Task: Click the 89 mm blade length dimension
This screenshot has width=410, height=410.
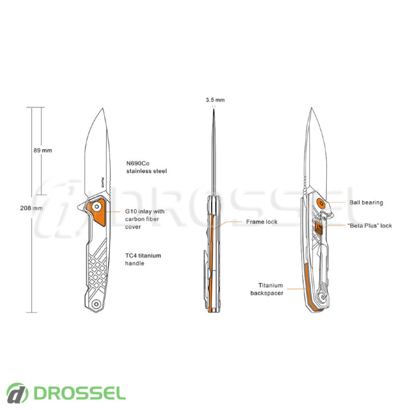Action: click(43, 150)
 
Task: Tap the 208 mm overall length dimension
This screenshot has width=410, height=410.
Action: click(31, 208)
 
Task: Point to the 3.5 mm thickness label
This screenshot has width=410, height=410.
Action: click(215, 100)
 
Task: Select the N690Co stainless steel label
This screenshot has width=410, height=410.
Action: click(147, 167)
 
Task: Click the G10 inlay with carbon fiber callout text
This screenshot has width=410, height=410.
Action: click(145, 219)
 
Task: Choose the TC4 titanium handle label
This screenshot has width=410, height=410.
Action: click(143, 259)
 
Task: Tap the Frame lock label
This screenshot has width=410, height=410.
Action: click(261, 222)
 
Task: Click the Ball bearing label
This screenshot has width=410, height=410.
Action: click(366, 202)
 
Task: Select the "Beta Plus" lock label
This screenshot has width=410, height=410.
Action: click(370, 225)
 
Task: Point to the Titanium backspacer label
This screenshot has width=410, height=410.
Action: click(267, 289)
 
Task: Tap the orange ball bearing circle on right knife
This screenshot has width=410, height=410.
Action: click(321, 203)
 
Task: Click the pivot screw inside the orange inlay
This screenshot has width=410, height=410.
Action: click(97, 207)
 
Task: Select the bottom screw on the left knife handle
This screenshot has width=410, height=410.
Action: click(96, 304)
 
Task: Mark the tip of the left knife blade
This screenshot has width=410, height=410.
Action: click(103, 108)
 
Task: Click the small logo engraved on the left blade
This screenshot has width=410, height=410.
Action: click(103, 182)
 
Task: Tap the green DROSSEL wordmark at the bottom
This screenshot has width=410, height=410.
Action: click(80, 393)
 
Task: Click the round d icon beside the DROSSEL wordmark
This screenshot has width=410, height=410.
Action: click(17, 393)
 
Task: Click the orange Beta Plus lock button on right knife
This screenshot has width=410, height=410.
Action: click(319, 226)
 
